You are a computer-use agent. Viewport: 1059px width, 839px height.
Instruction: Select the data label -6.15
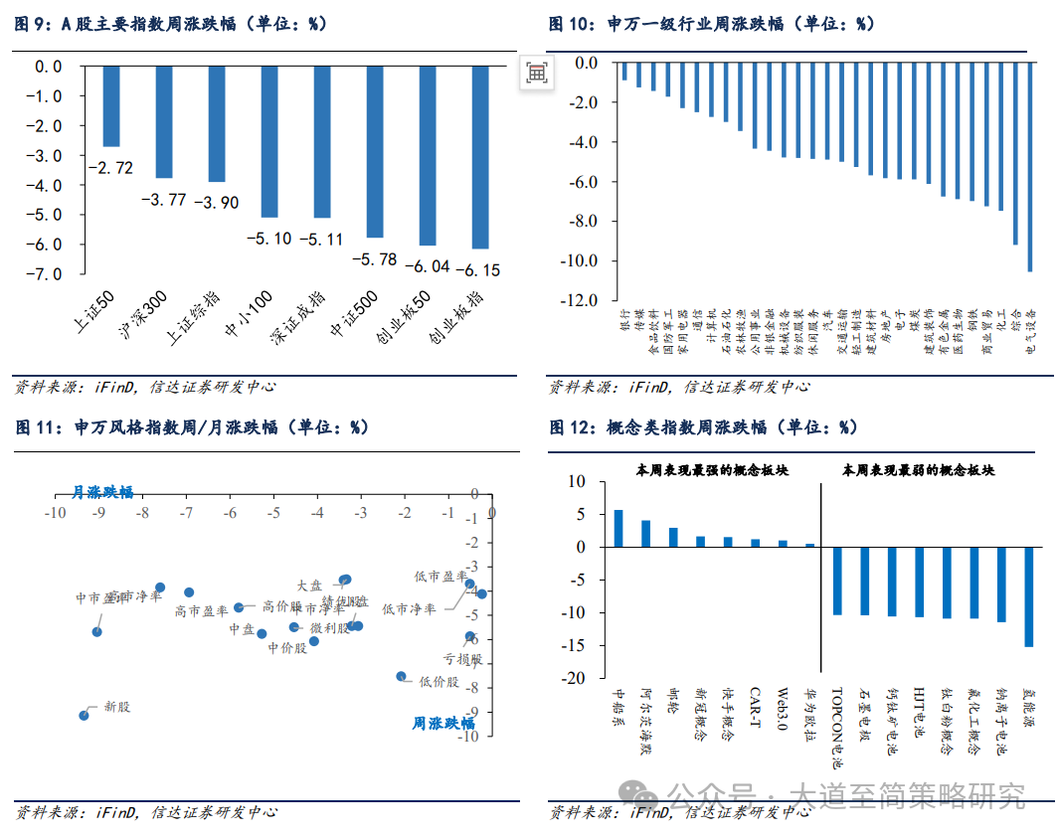click(x=478, y=269)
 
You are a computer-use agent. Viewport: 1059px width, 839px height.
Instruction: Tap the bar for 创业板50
click(x=428, y=155)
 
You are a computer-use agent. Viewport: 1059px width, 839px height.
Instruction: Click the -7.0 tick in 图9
click(x=48, y=273)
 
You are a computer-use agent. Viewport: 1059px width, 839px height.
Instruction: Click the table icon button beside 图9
click(x=536, y=73)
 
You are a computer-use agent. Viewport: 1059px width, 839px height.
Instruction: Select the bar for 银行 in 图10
click(x=624, y=72)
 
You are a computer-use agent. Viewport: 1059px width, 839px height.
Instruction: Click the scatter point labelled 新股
click(x=84, y=716)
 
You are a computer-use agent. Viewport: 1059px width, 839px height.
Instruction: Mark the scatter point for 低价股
click(x=402, y=676)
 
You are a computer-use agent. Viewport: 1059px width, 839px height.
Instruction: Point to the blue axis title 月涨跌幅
click(x=102, y=492)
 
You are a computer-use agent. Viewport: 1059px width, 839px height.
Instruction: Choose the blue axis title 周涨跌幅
click(x=442, y=724)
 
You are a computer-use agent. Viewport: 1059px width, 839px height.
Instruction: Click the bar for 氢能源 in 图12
click(x=1028, y=596)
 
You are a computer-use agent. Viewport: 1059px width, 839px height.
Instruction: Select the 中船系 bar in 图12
click(x=618, y=528)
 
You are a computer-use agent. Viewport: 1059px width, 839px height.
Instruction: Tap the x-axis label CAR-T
click(x=756, y=707)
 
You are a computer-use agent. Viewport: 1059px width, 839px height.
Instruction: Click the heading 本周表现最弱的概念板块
click(x=918, y=470)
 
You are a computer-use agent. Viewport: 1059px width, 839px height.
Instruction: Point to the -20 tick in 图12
click(x=577, y=679)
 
